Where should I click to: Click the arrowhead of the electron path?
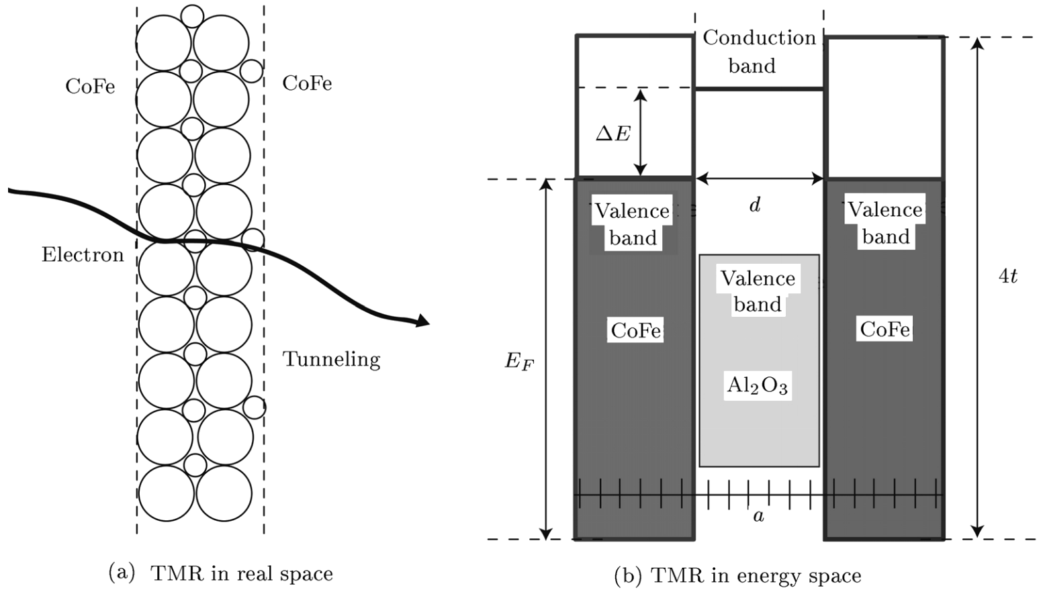[x=422, y=322]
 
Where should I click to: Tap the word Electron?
[x=83, y=255]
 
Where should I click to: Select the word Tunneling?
[x=331, y=359]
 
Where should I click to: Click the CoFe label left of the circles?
[x=90, y=87]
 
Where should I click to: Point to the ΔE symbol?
[x=613, y=134]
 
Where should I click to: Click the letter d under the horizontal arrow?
[x=755, y=205]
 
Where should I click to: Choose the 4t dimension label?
[x=1007, y=276]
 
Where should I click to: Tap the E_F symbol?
[x=519, y=362]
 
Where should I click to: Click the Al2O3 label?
[x=757, y=385]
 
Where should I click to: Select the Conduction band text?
[x=758, y=51]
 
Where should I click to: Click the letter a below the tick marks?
[x=758, y=516]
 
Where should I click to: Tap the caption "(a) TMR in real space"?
[x=221, y=573]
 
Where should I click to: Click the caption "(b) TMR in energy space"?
[x=737, y=575]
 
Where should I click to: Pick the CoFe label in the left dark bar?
[x=635, y=330]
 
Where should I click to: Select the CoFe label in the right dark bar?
[x=885, y=329]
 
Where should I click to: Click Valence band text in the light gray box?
[x=758, y=291]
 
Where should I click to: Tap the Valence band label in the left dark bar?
[x=633, y=224]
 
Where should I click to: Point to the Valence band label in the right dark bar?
[x=885, y=223]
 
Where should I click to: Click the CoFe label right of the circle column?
[x=307, y=83]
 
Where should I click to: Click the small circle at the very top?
[x=192, y=15]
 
